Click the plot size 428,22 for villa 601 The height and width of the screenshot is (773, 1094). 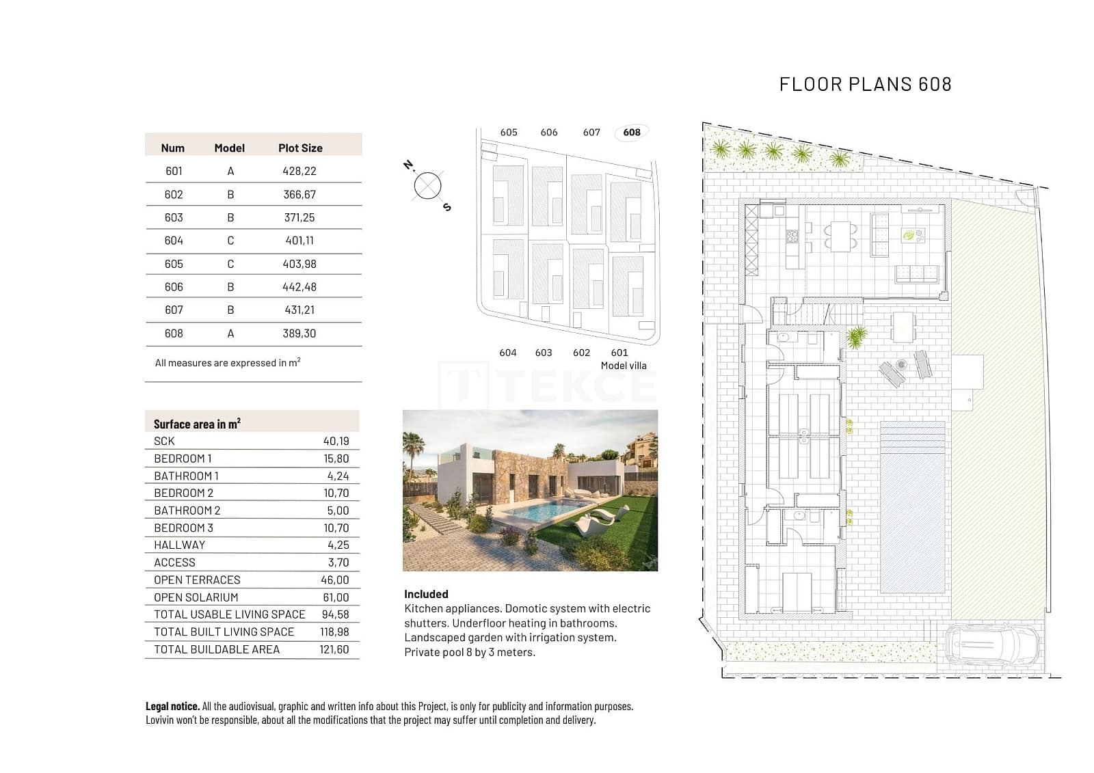point(299,171)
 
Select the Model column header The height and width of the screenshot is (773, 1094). point(229,148)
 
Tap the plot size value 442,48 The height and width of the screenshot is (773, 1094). point(299,287)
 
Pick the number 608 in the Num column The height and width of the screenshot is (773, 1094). point(174,334)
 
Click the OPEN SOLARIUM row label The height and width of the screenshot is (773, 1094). point(196,597)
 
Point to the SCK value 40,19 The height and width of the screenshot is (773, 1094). point(336,442)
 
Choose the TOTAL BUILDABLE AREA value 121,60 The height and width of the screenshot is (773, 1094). point(334,649)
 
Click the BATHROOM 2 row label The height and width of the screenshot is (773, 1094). point(187,511)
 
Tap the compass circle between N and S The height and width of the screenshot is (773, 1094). point(427,186)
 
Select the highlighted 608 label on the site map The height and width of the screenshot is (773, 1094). point(632,132)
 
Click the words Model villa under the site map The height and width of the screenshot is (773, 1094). point(623,366)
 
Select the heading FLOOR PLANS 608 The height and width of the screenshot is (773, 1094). point(865,84)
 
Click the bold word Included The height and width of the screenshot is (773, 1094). point(426,594)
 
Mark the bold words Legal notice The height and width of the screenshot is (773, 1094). point(172,706)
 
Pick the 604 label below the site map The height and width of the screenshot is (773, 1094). point(507,353)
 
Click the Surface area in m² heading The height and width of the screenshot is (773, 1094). point(197,424)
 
